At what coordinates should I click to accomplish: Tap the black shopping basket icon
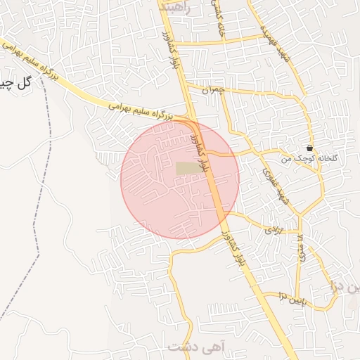(x=310, y=148)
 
